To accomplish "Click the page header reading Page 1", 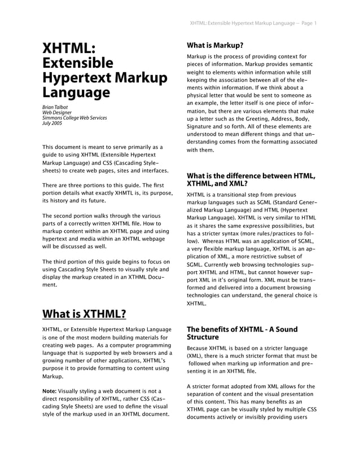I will coord(308,23).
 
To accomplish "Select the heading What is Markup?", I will coord(215,45).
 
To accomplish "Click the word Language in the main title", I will coord(76,92).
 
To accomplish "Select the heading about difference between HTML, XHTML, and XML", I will coord(251,179).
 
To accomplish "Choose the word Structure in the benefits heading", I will coord(208,337).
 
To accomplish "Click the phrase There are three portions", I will coord(72,185).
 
